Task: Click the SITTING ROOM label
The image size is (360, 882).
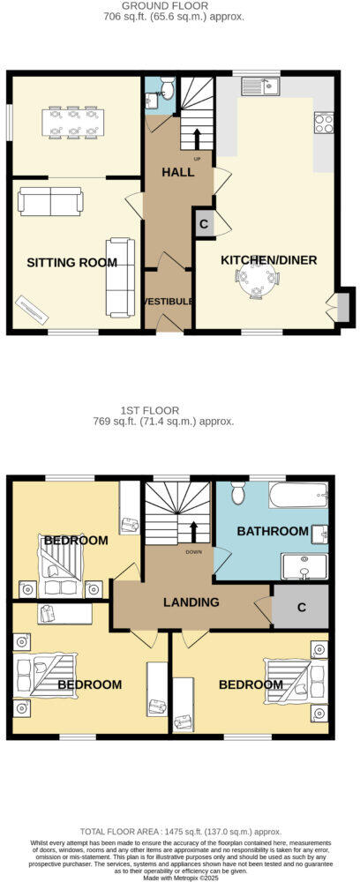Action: point(71,262)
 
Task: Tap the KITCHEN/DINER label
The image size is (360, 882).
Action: point(268,260)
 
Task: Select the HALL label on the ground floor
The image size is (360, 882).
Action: point(177,173)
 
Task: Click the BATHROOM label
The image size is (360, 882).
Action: point(272,531)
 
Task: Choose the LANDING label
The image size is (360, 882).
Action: point(191,602)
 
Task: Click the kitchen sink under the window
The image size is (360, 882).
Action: point(261,86)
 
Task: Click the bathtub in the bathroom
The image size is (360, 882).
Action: point(298,495)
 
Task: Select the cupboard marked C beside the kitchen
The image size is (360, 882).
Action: point(203,223)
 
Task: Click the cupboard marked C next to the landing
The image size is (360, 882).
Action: point(300,608)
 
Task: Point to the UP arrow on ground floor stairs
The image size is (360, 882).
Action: point(196,138)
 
